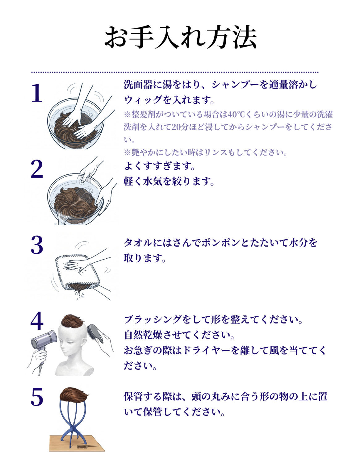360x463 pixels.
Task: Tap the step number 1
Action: tap(37, 93)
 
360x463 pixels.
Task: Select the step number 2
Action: tap(37, 169)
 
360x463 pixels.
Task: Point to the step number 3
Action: tap(37, 245)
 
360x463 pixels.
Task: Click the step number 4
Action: tap(37, 321)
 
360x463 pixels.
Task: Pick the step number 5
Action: tap(37, 397)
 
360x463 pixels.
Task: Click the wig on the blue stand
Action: tap(73, 394)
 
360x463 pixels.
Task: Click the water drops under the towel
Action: tap(80, 296)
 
